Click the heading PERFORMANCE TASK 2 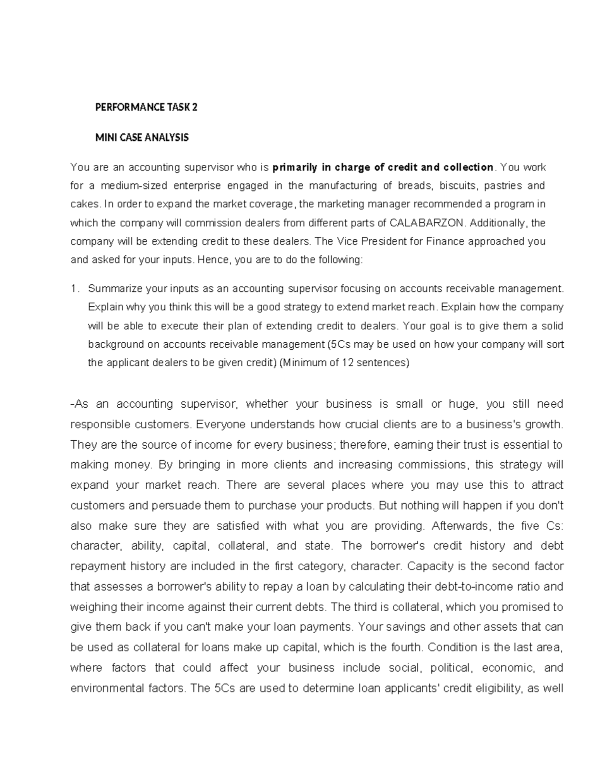pyautogui.click(x=146, y=107)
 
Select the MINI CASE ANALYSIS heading pyautogui.click(x=142, y=137)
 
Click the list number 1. pyautogui.click(x=74, y=289)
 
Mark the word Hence pyautogui.click(x=212, y=260)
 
